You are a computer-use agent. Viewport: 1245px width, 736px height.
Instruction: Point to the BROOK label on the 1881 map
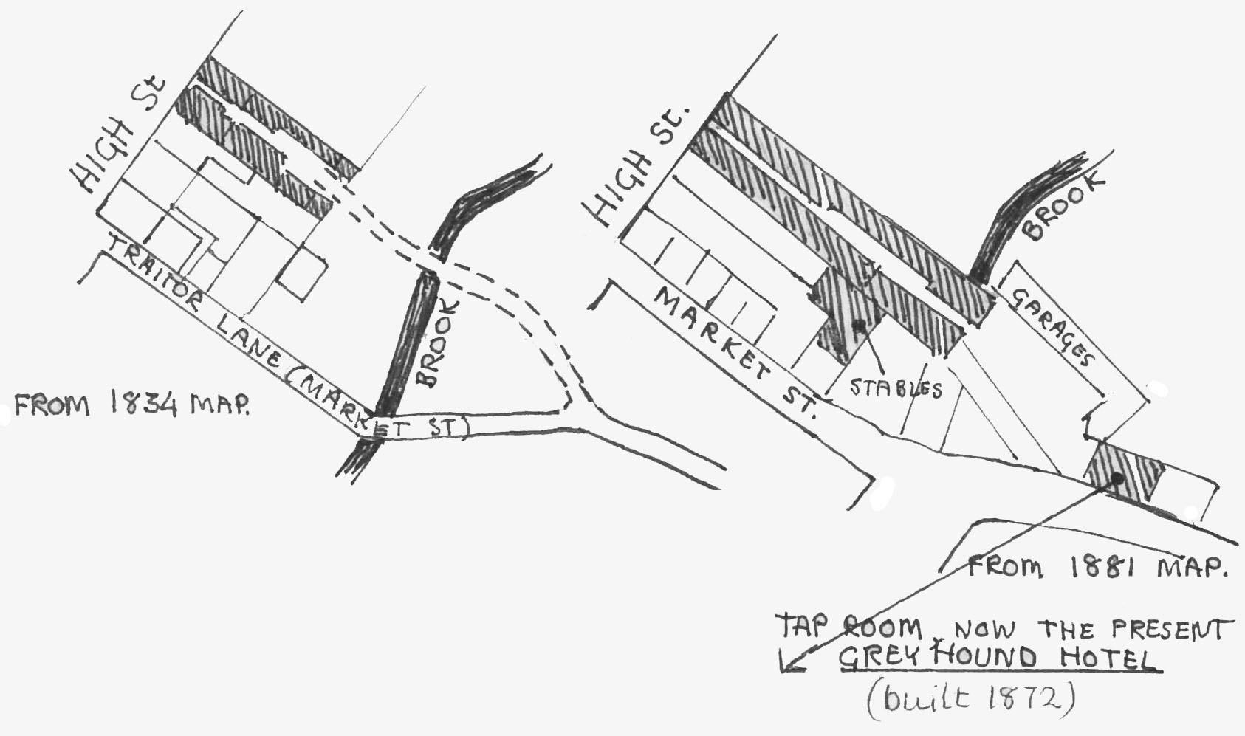coord(1063,207)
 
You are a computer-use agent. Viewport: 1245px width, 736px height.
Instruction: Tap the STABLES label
coord(896,388)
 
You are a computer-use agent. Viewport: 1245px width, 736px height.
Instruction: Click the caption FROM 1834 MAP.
coord(131,405)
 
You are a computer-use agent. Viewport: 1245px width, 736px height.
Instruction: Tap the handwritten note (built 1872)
coord(970,698)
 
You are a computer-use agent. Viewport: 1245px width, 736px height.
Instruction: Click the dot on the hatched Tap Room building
coord(1117,478)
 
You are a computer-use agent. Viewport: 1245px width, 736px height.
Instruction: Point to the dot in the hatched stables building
coord(858,325)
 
